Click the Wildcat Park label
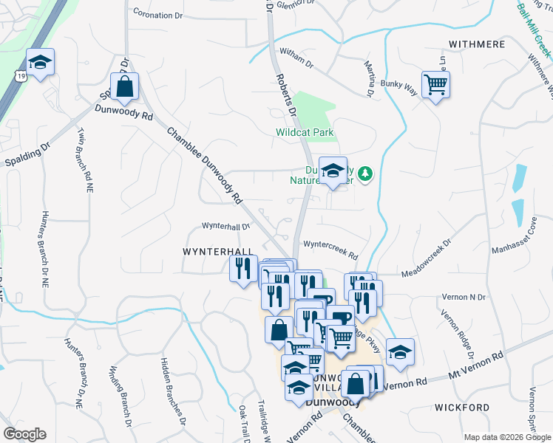pyautogui.click(x=305, y=133)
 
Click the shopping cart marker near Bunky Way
pyautogui.click(x=436, y=84)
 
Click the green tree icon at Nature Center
pyautogui.click(x=365, y=174)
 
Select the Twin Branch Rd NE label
pyautogui.click(x=84, y=159)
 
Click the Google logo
pyautogui.click(x=24, y=434)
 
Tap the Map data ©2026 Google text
pyautogui.click(x=506, y=437)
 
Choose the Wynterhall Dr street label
pyautogui.click(x=226, y=227)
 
